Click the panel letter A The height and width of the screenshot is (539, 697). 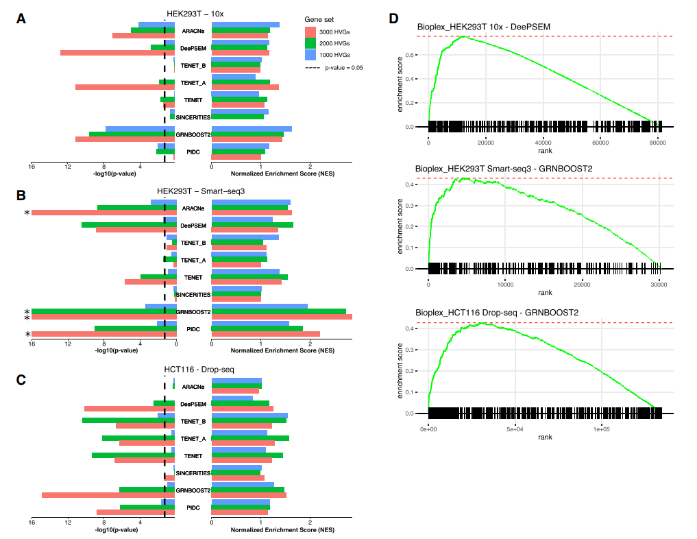point(21,19)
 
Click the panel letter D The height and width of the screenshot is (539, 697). point(393,19)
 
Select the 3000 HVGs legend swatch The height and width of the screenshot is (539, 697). point(310,32)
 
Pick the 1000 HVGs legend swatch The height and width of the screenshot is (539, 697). point(310,54)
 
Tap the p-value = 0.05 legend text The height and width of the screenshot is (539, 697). point(344,68)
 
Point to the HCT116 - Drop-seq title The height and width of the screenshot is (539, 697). point(199,370)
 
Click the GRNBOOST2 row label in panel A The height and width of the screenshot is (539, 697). point(193,134)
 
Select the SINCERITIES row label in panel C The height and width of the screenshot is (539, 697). point(193,473)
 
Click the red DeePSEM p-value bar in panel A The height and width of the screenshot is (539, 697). point(117,53)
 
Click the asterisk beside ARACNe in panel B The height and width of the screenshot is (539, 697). point(27,213)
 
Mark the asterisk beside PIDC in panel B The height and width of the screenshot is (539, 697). point(27,335)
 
